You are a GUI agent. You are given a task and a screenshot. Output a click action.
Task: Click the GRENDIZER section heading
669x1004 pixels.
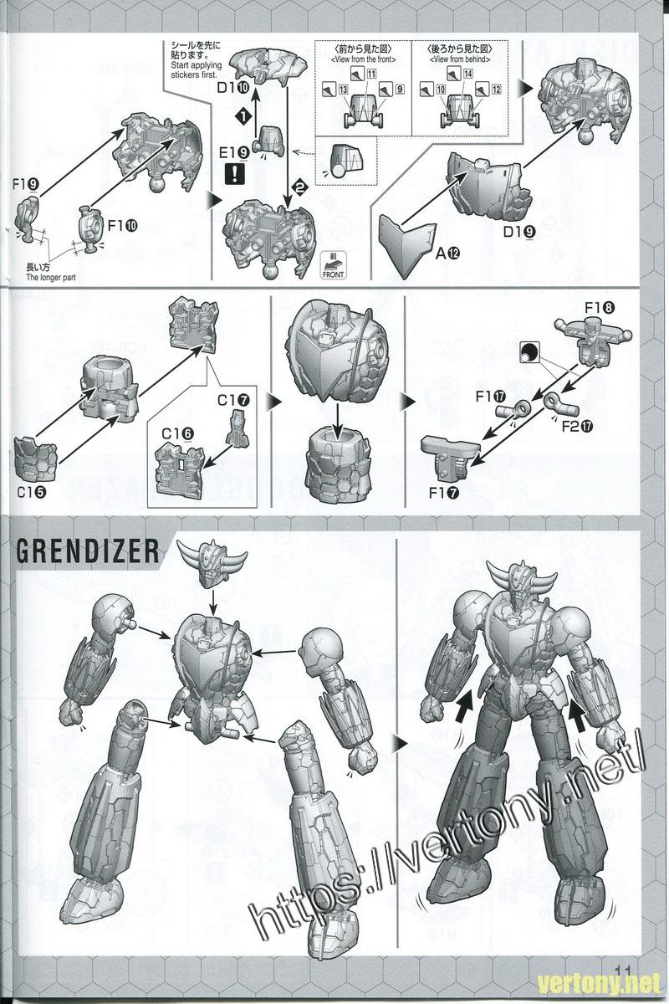click(88, 551)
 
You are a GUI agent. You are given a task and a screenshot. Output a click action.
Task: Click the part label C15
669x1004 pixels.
click(30, 492)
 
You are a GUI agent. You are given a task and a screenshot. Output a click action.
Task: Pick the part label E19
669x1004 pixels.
click(233, 153)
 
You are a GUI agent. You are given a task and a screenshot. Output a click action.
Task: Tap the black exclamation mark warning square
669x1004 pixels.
click(233, 175)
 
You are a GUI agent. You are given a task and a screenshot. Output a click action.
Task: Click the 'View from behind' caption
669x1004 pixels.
click(457, 59)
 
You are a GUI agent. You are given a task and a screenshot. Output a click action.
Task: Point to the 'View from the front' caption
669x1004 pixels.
click(363, 59)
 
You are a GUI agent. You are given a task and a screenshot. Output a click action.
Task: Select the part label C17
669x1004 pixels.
click(232, 401)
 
